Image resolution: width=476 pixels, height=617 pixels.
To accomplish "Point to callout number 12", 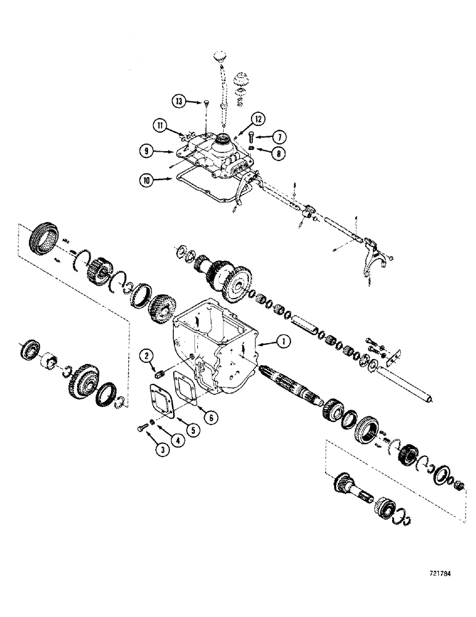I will tap(258, 118).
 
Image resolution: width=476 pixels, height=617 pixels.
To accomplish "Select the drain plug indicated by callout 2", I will tap(157, 373).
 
